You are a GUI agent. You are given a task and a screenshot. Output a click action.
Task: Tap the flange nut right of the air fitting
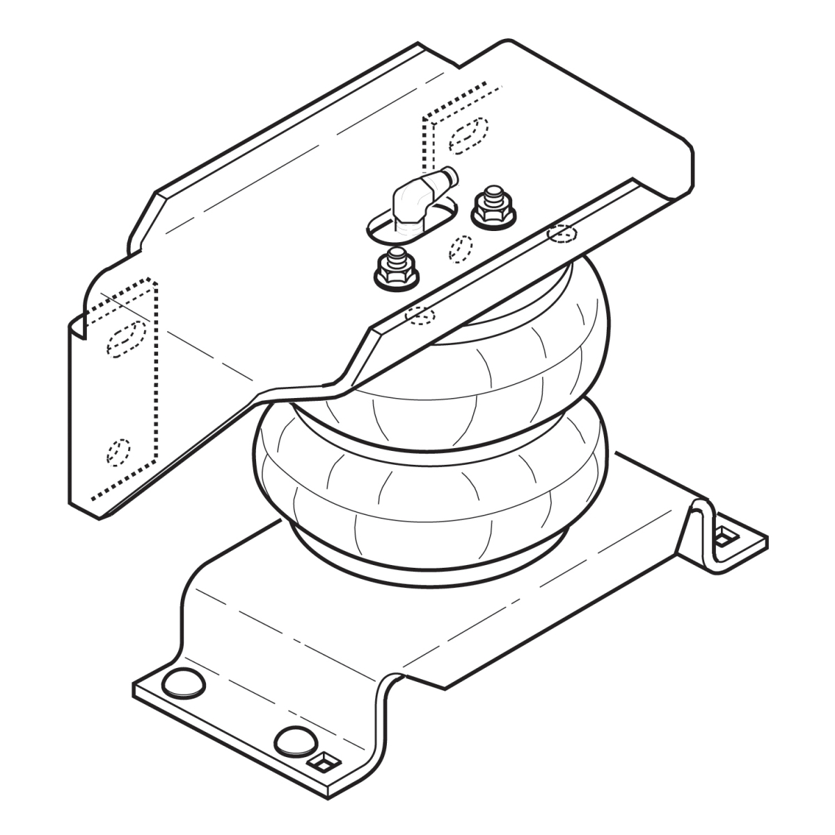tap(493, 209)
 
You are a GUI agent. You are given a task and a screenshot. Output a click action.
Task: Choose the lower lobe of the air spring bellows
tap(431, 487)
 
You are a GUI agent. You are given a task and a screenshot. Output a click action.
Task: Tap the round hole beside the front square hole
tap(294, 740)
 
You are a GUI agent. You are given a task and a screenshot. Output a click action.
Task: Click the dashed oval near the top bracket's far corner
tap(468, 135)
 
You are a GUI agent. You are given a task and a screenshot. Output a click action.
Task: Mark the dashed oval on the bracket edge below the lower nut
tap(420, 314)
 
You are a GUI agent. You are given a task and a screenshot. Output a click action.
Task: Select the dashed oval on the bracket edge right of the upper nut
tap(562, 234)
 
